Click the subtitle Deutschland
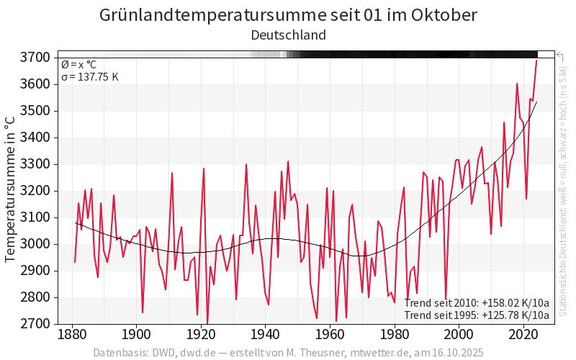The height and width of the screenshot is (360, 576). pos(288,35)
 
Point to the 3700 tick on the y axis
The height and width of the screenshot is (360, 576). pos(38,57)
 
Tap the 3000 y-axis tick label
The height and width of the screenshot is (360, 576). pos(38,244)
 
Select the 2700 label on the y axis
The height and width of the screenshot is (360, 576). pos(38,324)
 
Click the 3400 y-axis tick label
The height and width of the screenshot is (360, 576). pos(38,138)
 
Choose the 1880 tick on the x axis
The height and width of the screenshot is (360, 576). pos(72,335)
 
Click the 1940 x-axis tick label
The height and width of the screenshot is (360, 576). pos(266,335)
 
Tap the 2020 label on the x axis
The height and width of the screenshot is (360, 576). pos(523,335)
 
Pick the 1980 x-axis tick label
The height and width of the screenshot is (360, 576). pos(395,335)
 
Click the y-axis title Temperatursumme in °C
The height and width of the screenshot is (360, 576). pos(11,190)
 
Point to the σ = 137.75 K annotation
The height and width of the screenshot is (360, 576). pos(90,77)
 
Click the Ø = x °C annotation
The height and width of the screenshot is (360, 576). pos(79,65)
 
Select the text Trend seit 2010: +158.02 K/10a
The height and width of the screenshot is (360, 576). pos(477,303)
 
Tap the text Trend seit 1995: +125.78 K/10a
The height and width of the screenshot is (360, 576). pos(477,315)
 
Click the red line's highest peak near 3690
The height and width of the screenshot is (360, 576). pos(536,60)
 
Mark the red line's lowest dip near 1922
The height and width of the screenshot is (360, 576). pos(207,323)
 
